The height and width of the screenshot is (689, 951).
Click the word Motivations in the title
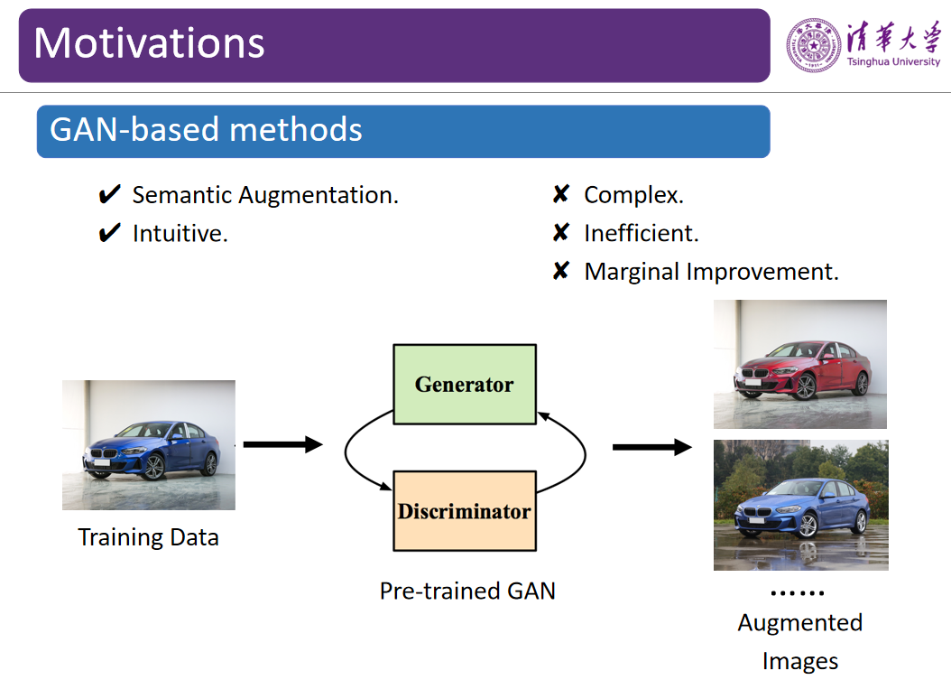150,43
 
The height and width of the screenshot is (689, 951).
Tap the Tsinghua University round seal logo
814,45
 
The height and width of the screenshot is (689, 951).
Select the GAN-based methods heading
206,130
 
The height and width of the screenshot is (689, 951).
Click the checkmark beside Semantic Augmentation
109,195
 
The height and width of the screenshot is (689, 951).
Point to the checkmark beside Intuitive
109,234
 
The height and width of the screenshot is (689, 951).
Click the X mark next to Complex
560,195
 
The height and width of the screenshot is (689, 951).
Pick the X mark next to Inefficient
560,234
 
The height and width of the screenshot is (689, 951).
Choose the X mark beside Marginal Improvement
560,272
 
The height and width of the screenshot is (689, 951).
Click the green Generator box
465,384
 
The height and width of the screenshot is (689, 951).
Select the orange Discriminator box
465,511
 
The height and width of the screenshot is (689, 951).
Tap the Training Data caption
148,537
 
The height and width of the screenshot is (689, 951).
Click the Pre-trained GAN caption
467,591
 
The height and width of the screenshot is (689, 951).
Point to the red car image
800,364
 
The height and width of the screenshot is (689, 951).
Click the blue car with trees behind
800,505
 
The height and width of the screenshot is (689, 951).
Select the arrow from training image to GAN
282,444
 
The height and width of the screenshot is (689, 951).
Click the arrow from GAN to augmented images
651,447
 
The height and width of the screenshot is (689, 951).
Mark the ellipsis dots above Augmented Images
797,594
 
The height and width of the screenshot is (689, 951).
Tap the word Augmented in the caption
800,623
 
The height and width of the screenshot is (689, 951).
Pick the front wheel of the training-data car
153,467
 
